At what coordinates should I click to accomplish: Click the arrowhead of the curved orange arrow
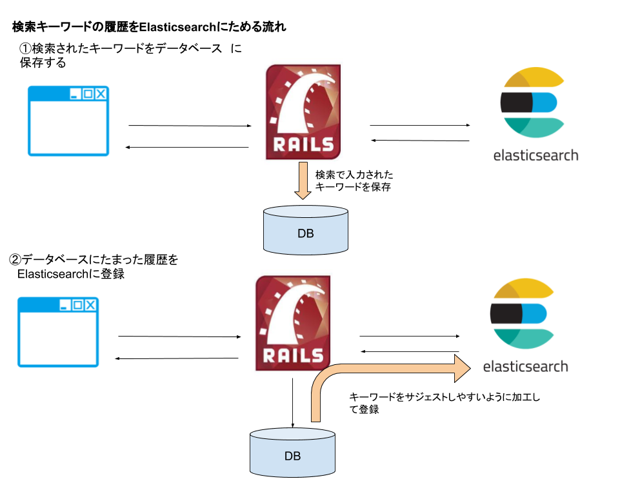pos(463,368)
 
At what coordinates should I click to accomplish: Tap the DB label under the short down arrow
pos(306,233)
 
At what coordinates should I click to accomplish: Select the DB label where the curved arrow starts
pos(292,456)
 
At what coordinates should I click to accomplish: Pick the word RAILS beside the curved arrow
pos(293,355)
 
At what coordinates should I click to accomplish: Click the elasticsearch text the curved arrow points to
pos(525,366)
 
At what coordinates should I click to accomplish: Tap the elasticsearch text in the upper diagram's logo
pos(535,155)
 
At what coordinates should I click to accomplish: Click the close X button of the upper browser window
pos(101,94)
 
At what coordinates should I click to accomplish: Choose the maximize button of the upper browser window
pos(88,94)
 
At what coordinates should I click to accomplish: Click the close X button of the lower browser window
pos(90,305)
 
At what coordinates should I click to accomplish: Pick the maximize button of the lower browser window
pos(77,305)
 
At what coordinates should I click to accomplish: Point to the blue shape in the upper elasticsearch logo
pos(545,102)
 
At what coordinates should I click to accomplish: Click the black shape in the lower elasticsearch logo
pos(506,313)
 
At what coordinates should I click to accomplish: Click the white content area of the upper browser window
pos(68,128)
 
